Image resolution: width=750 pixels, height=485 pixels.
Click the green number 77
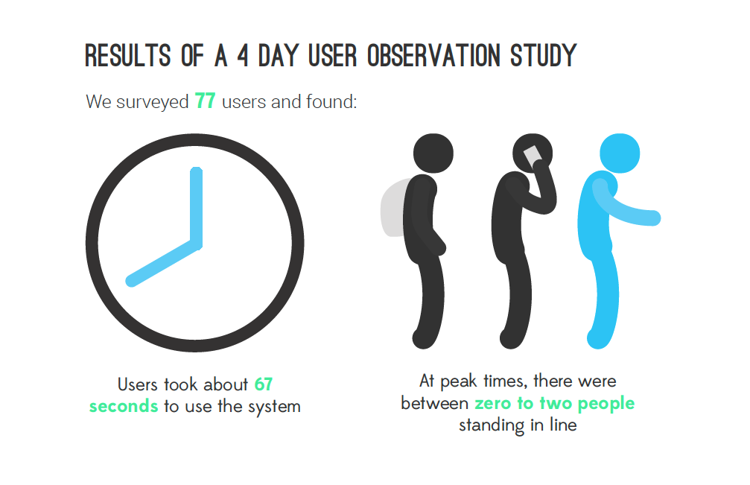[x=205, y=101]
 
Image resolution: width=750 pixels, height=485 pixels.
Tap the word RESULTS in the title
[x=127, y=55]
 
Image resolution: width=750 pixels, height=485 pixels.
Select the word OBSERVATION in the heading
[x=433, y=55]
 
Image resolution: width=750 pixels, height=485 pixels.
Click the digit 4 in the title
[x=243, y=55]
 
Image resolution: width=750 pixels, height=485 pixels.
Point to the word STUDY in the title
[x=544, y=55]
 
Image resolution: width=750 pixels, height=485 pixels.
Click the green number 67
[x=264, y=384]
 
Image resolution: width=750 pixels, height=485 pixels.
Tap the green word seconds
[x=124, y=406]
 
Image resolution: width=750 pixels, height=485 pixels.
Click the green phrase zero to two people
[x=554, y=404]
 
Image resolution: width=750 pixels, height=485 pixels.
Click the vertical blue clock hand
[x=196, y=206]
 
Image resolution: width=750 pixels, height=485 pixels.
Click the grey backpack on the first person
[x=393, y=208]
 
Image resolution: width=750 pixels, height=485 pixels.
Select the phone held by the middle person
[x=533, y=157]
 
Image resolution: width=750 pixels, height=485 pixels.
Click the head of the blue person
[x=620, y=153]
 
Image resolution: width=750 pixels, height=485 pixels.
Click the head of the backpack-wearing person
[x=433, y=153]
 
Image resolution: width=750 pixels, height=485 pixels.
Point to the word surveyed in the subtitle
[x=153, y=102]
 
